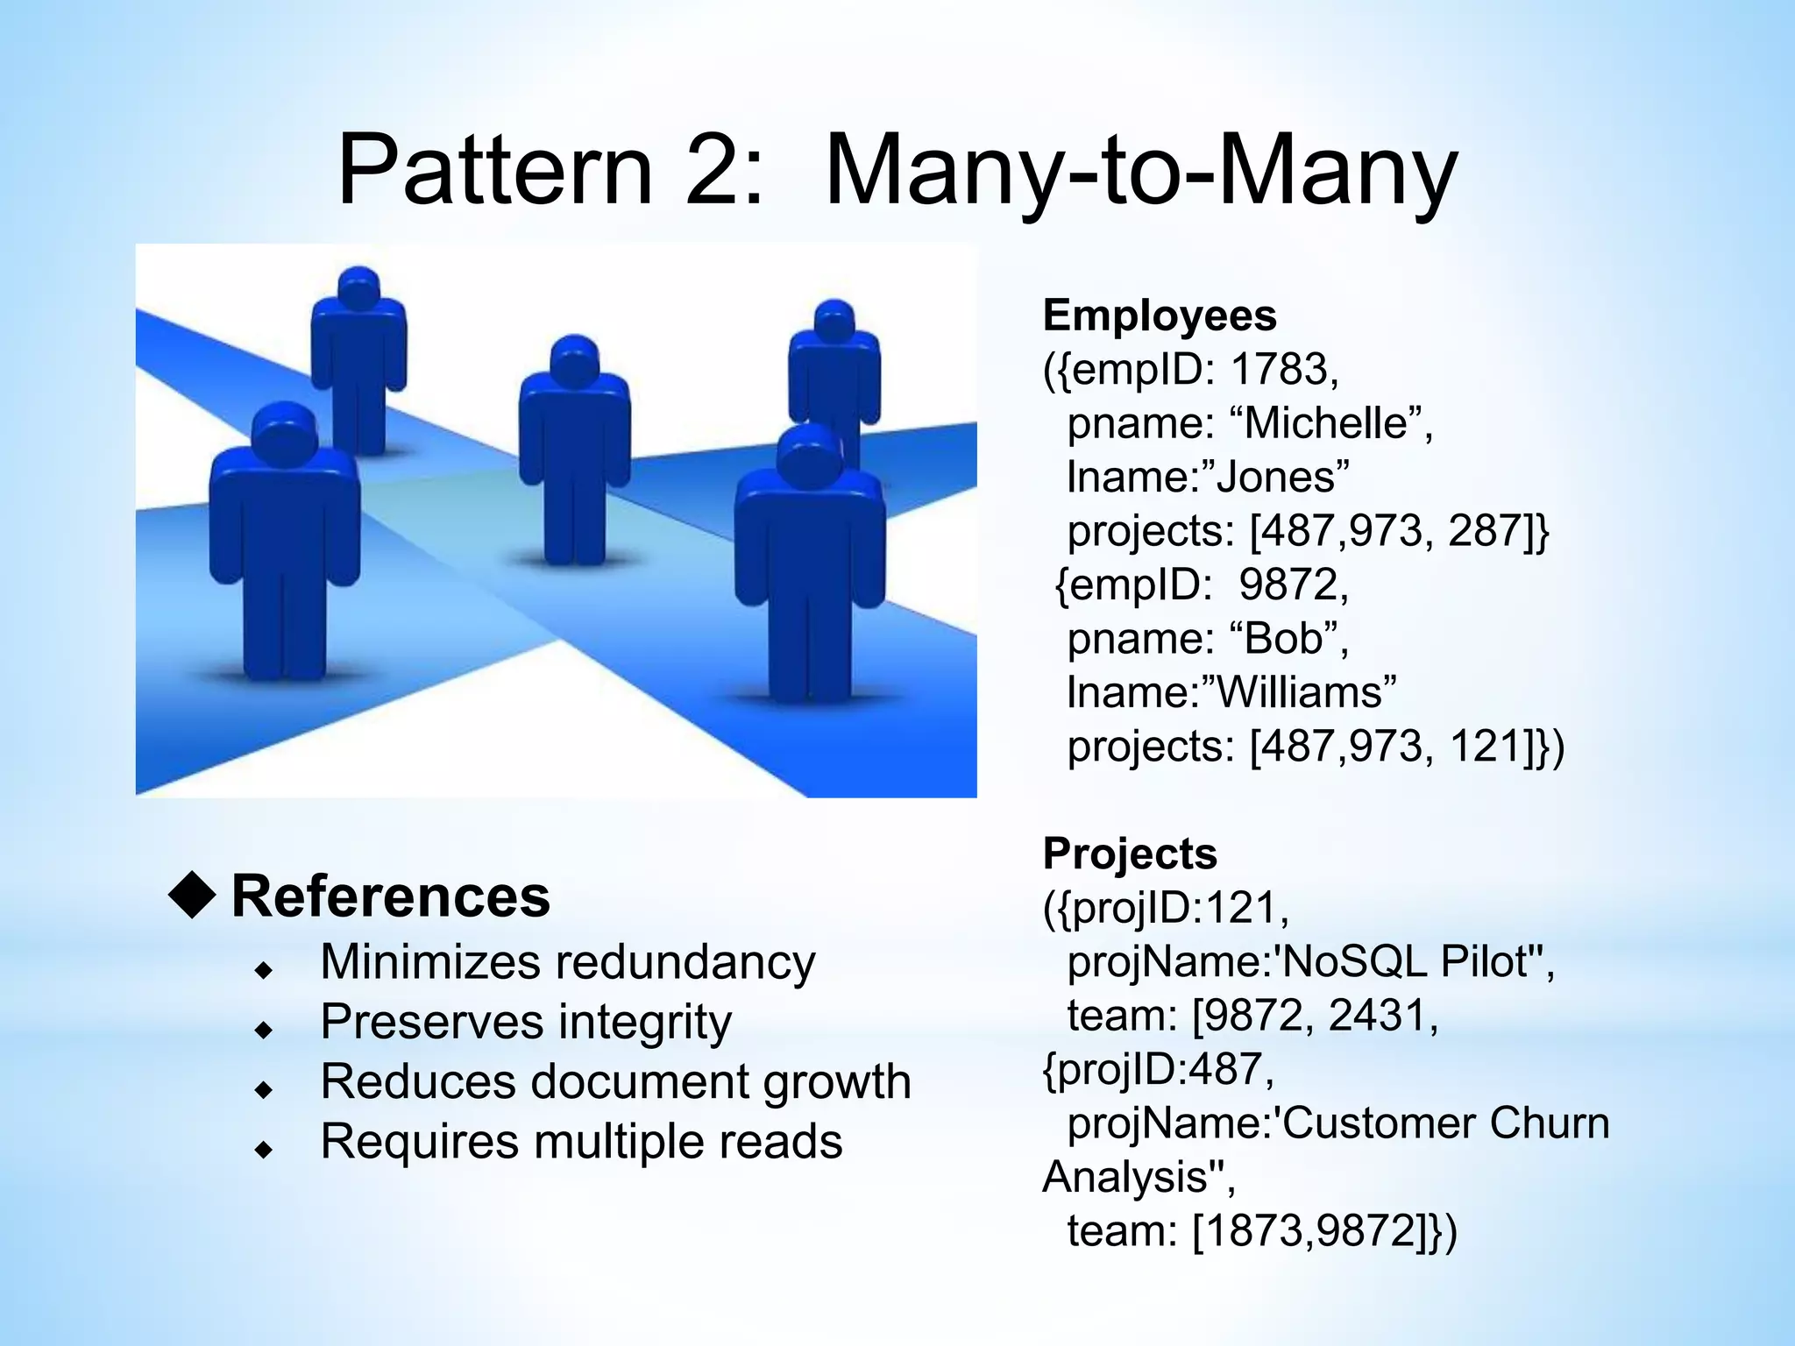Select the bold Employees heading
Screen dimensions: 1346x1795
pyautogui.click(x=1159, y=315)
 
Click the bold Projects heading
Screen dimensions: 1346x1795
pyautogui.click(x=1130, y=854)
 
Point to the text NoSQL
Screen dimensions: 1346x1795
pyautogui.click(x=1355, y=962)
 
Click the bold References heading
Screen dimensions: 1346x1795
pyautogui.click(x=390, y=897)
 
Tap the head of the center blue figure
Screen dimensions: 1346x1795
pyautogui.click(x=574, y=359)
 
